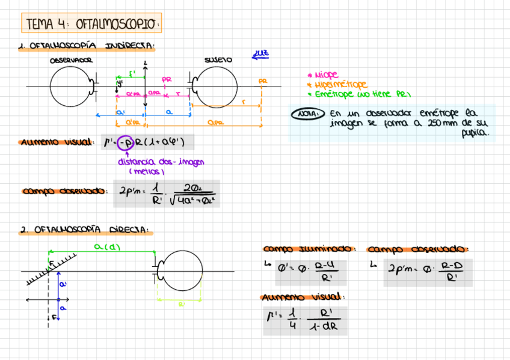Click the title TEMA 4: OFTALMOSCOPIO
point(92,24)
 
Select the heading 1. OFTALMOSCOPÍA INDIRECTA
point(87,46)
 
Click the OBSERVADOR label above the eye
point(71,60)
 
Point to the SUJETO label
point(218,60)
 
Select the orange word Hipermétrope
point(340,85)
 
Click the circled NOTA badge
point(307,114)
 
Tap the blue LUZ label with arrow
point(260,55)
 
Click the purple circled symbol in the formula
point(124,143)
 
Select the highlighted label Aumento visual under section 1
point(56,143)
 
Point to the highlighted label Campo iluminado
point(309,249)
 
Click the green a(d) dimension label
point(105,246)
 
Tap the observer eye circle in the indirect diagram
point(70,86)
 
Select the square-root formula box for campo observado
point(167,194)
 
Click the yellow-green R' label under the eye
point(182,305)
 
